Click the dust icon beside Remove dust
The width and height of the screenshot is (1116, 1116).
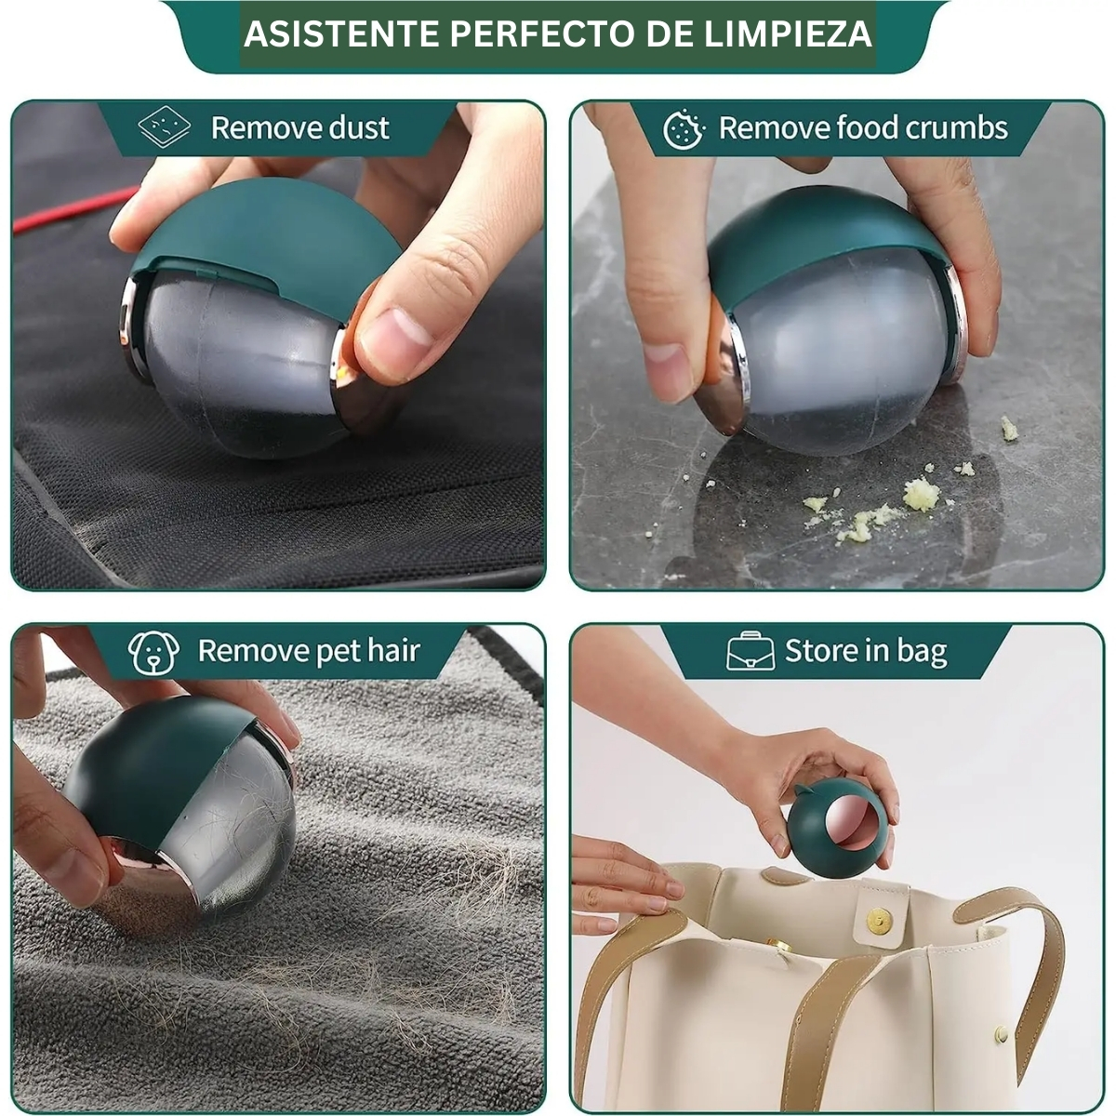[x=165, y=126]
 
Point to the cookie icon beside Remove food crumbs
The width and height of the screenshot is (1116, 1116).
[x=684, y=128]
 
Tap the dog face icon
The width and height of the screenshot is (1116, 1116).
[x=153, y=653]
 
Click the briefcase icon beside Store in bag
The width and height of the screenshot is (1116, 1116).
[x=750, y=651]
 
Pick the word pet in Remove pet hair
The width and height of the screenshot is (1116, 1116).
[x=331, y=652]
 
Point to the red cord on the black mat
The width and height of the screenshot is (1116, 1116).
[x=75, y=207]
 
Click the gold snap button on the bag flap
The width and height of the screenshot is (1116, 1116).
[x=880, y=920]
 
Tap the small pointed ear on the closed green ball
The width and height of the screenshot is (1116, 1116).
[x=802, y=791]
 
